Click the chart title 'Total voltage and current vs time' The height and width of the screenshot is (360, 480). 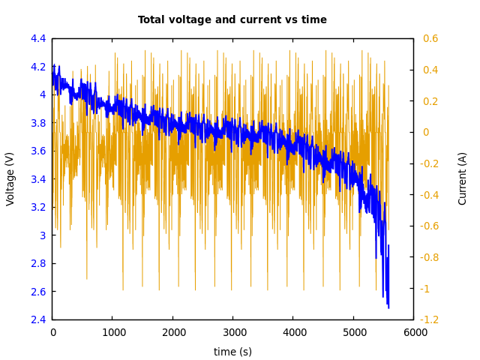[x=232, y=20]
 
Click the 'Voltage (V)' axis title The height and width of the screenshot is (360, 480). [x=10, y=178]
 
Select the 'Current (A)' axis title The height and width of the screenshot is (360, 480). [x=463, y=178]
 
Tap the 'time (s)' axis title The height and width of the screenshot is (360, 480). [x=232, y=352]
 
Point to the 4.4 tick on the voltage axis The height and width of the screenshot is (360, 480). [x=38, y=38]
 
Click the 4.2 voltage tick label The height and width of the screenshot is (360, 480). [x=38, y=67]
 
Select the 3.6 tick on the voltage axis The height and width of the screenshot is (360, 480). [x=38, y=151]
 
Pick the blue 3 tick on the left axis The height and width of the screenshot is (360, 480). [x=43, y=235]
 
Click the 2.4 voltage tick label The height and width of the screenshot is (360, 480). [x=38, y=319]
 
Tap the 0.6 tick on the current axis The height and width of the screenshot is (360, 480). [x=430, y=38]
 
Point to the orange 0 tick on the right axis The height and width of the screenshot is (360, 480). [x=426, y=132]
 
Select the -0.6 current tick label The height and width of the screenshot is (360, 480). [x=432, y=226]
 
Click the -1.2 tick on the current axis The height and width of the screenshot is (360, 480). [x=432, y=319]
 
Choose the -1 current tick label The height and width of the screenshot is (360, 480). [x=428, y=289]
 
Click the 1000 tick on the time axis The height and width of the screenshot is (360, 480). [x=112, y=332]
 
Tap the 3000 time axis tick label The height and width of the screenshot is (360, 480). [x=232, y=332]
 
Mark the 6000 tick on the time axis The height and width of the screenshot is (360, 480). [x=413, y=332]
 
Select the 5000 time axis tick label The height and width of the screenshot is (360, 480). [x=353, y=332]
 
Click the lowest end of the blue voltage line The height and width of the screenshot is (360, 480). [x=388, y=307]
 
